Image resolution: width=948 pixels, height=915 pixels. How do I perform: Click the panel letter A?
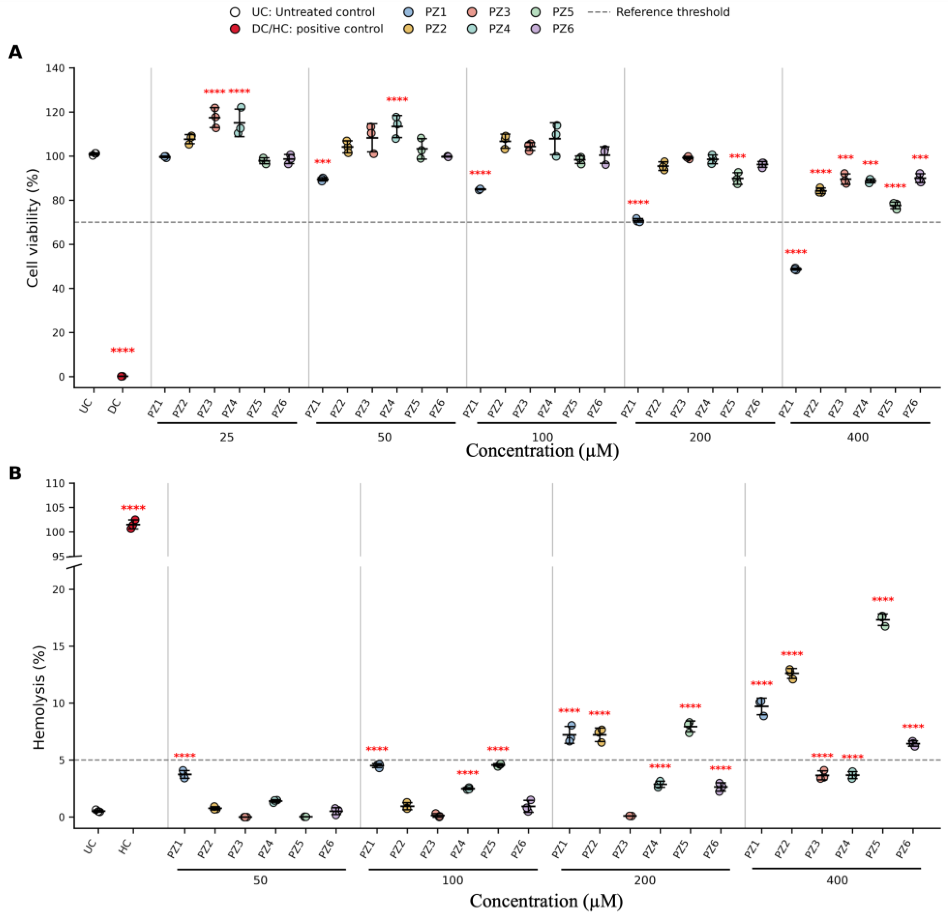(15, 52)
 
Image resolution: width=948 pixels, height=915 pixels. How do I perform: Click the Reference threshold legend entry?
(659, 12)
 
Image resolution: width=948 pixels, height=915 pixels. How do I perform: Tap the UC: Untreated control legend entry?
(302, 12)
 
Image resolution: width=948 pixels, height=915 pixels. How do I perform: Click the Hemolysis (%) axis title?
(39, 698)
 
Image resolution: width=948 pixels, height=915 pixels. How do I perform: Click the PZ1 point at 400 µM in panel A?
(796, 269)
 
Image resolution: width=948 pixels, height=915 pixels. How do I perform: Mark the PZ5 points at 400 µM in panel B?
(883, 621)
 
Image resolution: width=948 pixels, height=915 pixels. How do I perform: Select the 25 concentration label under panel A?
(226, 437)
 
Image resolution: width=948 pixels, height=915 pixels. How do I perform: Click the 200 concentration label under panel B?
(645, 880)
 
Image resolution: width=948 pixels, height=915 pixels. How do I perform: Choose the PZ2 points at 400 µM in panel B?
(791, 674)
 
